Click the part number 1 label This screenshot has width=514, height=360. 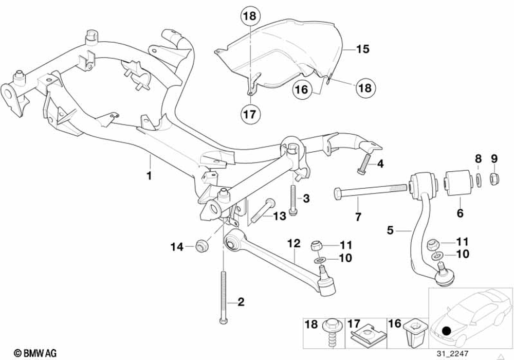pos(149,175)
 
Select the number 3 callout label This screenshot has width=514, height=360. pos(306,198)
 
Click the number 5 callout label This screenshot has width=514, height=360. pos(391,231)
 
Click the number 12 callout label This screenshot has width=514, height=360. pos(294,242)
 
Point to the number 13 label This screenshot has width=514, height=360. pos(279,217)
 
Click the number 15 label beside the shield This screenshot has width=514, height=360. pos(362,49)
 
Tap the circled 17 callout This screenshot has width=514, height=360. pos(249,114)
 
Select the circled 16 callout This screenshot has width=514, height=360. pos(302,90)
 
